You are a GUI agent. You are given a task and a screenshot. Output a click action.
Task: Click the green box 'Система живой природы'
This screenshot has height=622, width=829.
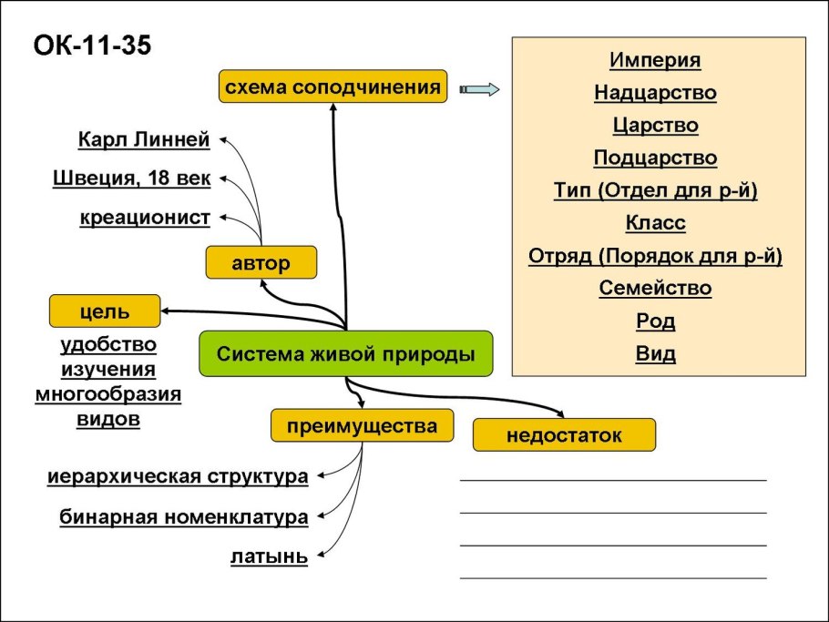(x=346, y=354)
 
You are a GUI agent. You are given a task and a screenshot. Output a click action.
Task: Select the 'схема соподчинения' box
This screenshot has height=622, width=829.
(x=333, y=87)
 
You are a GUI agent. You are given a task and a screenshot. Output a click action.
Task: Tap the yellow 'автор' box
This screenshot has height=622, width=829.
(x=261, y=264)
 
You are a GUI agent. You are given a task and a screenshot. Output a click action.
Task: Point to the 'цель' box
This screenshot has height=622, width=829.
(x=104, y=311)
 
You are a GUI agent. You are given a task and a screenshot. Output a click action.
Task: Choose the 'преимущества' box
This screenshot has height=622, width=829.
(x=362, y=425)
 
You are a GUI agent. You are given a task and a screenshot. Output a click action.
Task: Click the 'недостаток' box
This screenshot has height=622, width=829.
(x=564, y=434)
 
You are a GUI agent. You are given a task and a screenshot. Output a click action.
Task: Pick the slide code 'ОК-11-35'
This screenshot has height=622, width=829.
(x=91, y=45)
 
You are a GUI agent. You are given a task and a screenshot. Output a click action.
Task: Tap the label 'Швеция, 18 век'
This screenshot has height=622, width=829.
(x=131, y=178)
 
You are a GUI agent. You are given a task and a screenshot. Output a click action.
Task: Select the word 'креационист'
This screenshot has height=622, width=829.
(x=145, y=218)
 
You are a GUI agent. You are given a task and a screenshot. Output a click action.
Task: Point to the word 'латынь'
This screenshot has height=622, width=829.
(x=269, y=557)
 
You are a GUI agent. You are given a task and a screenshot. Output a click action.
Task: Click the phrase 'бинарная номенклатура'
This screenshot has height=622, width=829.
(x=183, y=517)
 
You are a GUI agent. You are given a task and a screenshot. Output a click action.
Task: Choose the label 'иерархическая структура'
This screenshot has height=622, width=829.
(x=177, y=476)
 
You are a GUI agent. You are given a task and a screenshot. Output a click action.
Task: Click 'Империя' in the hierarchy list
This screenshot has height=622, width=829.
(x=655, y=60)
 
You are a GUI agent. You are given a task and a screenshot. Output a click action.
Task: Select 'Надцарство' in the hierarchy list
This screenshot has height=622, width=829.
(x=655, y=92)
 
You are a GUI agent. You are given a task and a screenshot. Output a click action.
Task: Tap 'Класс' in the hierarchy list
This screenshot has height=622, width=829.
(x=655, y=223)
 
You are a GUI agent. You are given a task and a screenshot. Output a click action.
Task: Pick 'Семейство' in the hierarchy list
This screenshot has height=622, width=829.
(x=655, y=289)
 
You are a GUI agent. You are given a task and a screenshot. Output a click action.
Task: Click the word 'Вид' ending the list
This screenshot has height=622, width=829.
(x=655, y=354)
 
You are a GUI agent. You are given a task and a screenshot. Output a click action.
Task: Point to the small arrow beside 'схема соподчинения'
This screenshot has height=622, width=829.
(x=480, y=88)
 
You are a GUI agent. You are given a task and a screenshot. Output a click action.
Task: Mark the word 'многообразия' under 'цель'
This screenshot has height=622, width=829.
(x=107, y=394)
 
